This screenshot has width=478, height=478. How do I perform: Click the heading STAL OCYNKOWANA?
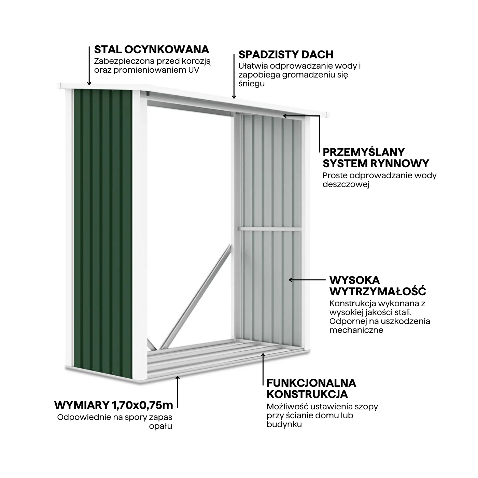click(151, 50)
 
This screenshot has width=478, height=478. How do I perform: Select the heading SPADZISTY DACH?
click(285, 55)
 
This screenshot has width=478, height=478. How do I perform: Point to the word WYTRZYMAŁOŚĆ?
click(378, 292)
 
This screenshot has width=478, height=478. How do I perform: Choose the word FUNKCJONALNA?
click(311, 383)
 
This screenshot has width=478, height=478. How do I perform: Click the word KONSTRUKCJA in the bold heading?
click(307, 394)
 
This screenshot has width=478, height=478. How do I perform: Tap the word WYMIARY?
click(81, 405)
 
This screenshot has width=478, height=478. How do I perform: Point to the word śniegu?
click(251, 84)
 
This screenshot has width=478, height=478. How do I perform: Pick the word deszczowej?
click(346, 184)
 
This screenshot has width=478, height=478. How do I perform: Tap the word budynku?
click(284, 424)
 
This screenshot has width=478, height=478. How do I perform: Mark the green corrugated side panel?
click(102, 229)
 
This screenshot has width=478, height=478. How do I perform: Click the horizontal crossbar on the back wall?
click(270, 229)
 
